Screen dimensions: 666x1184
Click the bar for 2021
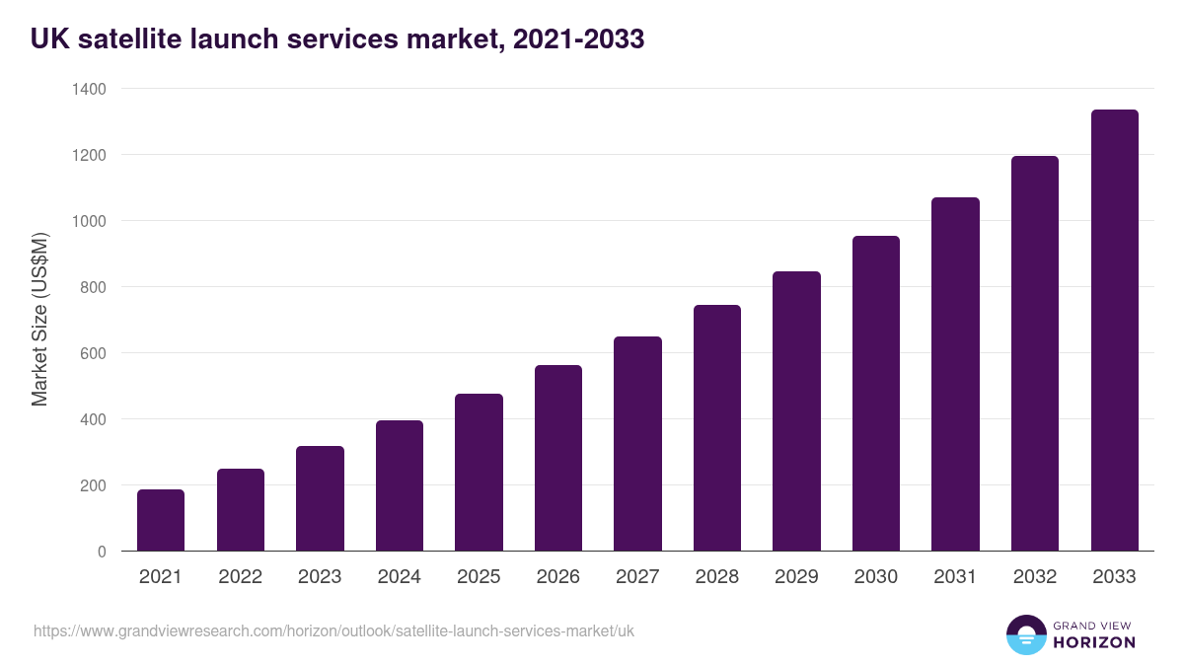(x=161, y=520)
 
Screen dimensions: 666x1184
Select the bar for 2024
(x=400, y=485)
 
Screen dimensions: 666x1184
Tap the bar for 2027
(x=637, y=444)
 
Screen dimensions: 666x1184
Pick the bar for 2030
(x=876, y=394)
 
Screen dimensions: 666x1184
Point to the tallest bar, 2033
(x=1114, y=331)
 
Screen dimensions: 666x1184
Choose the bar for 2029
(x=796, y=411)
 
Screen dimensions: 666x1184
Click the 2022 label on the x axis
(x=240, y=577)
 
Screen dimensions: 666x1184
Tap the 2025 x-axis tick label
(x=479, y=577)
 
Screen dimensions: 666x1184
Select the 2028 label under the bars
(x=717, y=577)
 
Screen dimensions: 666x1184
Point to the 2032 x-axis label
(x=1035, y=577)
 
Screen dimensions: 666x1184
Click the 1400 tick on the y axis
(x=89, y=89)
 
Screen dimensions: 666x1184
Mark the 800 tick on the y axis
(x=93, y=287)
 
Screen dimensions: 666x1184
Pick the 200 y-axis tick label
(x=93, y=485)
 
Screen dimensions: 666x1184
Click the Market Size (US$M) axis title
(x=39, y=320)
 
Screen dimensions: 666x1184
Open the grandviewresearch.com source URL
(x=333, y=630)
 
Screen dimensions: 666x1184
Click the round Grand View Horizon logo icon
(x=1025, y=634)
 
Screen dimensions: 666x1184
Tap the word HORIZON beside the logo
(x=1095, y=642)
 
